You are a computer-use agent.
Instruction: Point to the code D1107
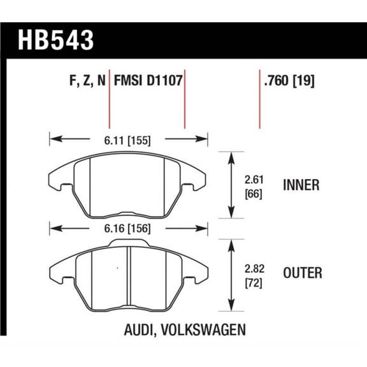pos(166,81)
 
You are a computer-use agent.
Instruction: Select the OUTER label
pos(301,273)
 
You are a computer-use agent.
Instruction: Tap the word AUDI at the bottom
pos(137,331)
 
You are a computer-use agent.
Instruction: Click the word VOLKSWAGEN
pos(204,331)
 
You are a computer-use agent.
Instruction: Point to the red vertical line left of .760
pos(259,99)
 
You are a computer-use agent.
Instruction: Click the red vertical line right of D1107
pos(185,99)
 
